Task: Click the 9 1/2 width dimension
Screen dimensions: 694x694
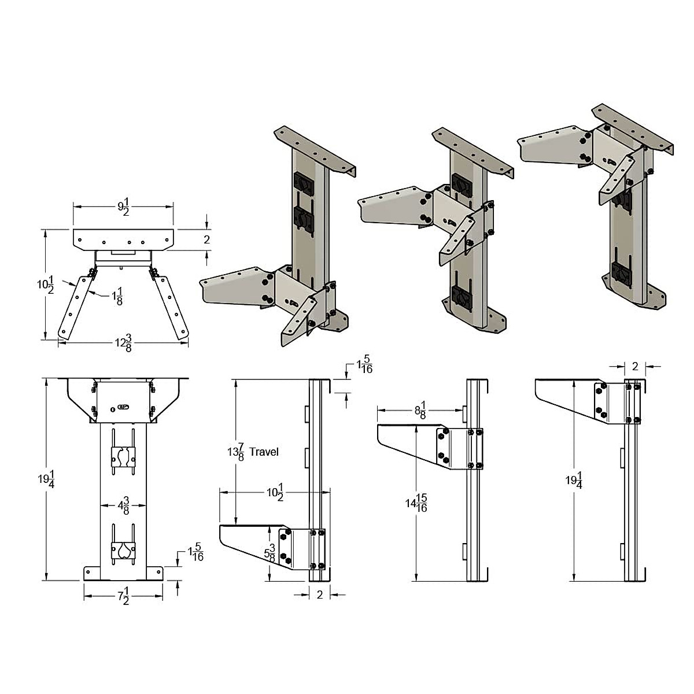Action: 123,207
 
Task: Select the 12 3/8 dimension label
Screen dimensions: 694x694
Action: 123,344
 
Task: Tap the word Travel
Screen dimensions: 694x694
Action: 264,451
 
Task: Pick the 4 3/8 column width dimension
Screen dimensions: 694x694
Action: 123,507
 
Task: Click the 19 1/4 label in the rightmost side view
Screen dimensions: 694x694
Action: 573,481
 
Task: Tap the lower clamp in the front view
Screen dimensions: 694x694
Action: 123,549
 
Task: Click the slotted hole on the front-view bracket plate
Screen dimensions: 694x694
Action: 122,407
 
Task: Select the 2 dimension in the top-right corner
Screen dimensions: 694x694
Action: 634,366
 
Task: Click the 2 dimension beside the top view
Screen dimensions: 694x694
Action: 206,239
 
